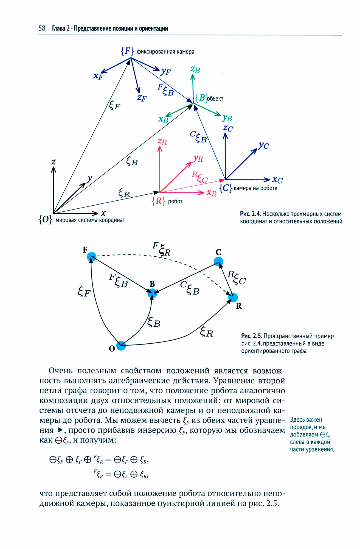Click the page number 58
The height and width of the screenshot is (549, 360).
pyautogui.click(x=42, y=28)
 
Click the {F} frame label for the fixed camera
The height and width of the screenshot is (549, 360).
pyautogui.click(x=127, y=51)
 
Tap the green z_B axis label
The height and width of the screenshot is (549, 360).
pyautogui.click(x=195, y=69)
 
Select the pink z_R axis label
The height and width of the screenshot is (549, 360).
pyautogui.click(x=162, y=142)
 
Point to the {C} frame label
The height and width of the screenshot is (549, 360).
pyautogui.click(x=226, y=188)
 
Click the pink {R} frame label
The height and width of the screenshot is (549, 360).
pyautogui.click(x=158, y=201)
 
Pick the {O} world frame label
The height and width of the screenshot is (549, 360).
pyautogui.click(x=45, y=220)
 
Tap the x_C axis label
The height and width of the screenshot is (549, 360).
pyautogui.click(x=277, y=180)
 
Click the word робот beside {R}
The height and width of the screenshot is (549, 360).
pyautogui.click(x=175, y=201)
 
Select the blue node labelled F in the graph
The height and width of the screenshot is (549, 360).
pyautogui.click(x=91, y=257)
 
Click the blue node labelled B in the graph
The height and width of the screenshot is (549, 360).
pyautogui.click(x=152, y=293)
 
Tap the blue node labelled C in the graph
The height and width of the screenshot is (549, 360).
pyautogui.click(x=218, y=261)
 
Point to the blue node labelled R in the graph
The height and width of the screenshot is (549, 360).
pyautogui.click(x=233, y=297)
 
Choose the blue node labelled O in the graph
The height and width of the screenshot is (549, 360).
pyautogui.click(x=121, y=346)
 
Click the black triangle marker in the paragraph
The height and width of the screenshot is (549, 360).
pyautogui.click(x=61, y=430)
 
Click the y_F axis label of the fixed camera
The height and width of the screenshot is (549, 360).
pyautogui.click(x=166, y=72)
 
